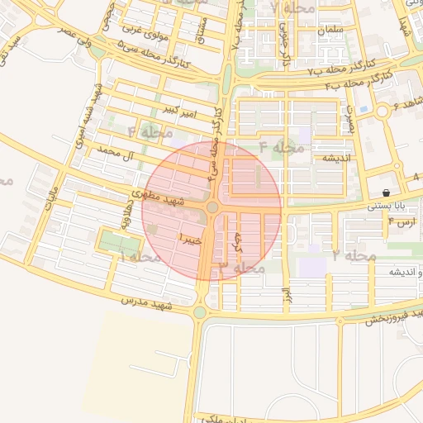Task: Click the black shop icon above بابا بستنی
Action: pos(386,192)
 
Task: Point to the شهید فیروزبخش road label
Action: pos(392,315)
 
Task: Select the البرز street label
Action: pos(286,294)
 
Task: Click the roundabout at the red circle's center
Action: pos(212,207)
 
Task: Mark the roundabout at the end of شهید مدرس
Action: pos(201,312)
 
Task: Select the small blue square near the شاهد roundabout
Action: pos(364,109)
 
